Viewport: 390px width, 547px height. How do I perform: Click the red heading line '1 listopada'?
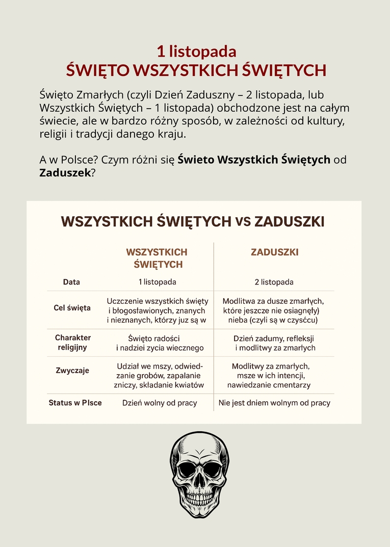coord(196,51)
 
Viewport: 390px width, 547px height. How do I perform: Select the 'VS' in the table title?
coord(243,222)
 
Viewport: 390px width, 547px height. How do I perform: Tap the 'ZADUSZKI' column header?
coord(275,252)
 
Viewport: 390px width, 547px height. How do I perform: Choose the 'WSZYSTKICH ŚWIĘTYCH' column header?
coord(157,258)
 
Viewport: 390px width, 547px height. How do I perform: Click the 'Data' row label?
coord(71,282)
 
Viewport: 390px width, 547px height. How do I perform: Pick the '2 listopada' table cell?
coord(274,282)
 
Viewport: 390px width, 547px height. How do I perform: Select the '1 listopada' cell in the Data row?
coord(158,282)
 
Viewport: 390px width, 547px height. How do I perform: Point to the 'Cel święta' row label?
coord(72,308)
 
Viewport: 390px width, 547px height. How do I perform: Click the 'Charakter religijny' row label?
coord(72,343)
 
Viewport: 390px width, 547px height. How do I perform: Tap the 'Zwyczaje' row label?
coord(72,371)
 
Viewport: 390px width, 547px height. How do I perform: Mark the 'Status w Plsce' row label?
coord(75,403)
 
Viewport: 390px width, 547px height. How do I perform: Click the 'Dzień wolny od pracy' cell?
coord(160,403)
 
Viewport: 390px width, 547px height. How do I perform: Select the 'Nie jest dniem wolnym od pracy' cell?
coord(274,403)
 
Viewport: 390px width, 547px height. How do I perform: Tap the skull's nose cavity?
coord(199,483)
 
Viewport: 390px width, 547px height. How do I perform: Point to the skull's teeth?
coord(199,497)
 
